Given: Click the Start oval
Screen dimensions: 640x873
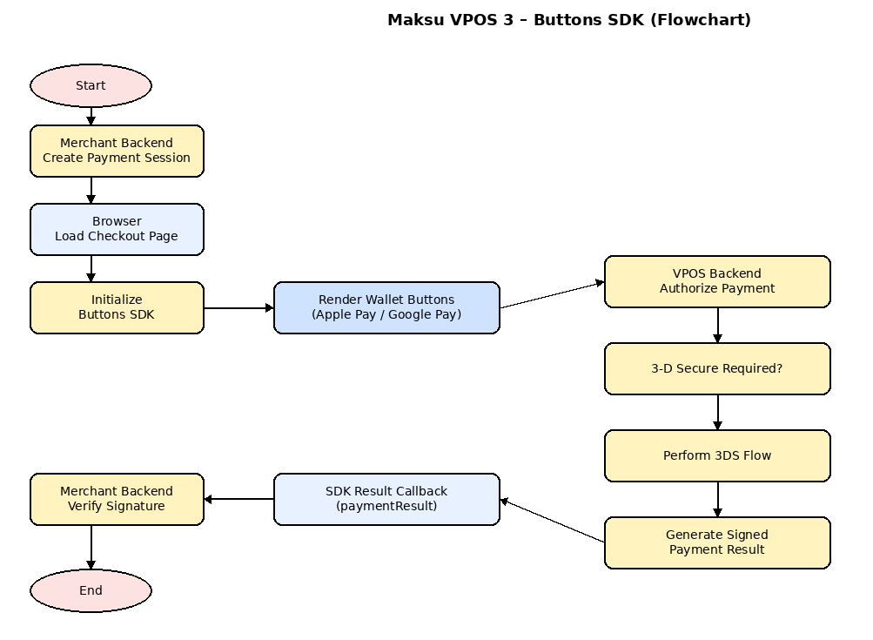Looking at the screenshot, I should click(91, 85).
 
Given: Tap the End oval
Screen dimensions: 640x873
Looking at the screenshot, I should click(91, 590).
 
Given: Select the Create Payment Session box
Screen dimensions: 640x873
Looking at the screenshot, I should click(117, 151).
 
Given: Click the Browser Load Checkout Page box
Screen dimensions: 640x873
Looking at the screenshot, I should click(117, 229).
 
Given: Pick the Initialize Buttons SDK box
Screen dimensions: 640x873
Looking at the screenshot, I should click(117, 307).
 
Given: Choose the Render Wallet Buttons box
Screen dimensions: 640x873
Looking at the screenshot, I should click(386, 307).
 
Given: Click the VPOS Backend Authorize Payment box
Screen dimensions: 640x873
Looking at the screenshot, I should click(717, 281).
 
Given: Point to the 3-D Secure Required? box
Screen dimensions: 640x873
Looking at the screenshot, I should click(717, 368).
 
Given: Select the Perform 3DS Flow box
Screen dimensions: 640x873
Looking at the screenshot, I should click(717, 455).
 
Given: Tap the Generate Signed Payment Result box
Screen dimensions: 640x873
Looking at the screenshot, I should click(717, 542).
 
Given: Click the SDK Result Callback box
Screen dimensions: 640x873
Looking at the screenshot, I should click(386, 499).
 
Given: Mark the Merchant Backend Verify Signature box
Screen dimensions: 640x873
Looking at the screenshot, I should click(117, 499).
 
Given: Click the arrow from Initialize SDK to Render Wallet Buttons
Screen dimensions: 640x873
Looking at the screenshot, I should click(238, 307).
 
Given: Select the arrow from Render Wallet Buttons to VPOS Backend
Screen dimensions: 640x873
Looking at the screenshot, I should click(552, 294).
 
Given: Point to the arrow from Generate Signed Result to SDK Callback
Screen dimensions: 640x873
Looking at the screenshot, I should click(552, 521).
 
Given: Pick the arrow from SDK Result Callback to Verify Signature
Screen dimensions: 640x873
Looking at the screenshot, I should click(238, 499).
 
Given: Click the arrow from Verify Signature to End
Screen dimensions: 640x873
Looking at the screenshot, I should click(91, 547).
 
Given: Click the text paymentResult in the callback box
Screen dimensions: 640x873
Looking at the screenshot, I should click(386, 506).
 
